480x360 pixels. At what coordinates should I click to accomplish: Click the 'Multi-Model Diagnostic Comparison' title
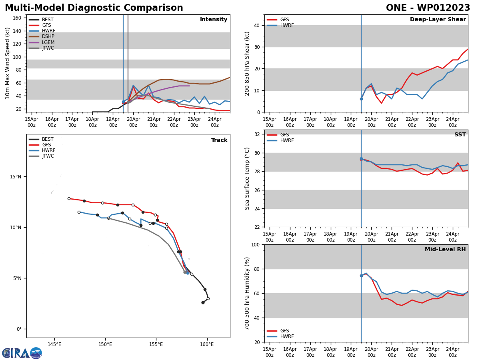[x=94, y=8]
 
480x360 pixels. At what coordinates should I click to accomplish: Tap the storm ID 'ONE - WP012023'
[x=428, y=8]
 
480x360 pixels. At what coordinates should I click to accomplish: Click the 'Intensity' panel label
[x=214, y=20]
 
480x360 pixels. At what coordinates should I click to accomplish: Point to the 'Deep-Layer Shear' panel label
[x=438, y=20]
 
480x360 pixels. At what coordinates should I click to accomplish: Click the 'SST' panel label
[x=460, y=135]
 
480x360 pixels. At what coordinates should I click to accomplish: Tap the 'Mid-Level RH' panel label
[x=445, y=250]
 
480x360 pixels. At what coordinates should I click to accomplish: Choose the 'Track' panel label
[x=219, y=140]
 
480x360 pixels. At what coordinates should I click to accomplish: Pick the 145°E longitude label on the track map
[x=54, y=344]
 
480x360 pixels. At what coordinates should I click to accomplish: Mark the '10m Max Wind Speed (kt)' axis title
[x=8, y=63]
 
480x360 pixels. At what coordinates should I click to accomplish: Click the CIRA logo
[x=22, y=353]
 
